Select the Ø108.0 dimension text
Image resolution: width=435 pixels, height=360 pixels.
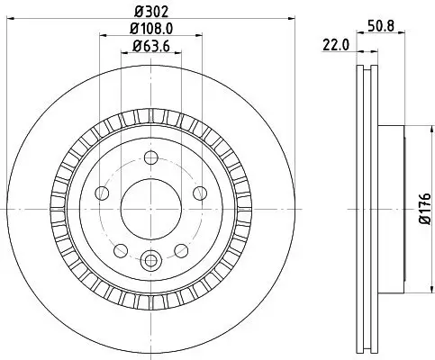[x=149, y=30]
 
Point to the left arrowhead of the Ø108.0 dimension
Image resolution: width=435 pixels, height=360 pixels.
[x=98, y=37]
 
